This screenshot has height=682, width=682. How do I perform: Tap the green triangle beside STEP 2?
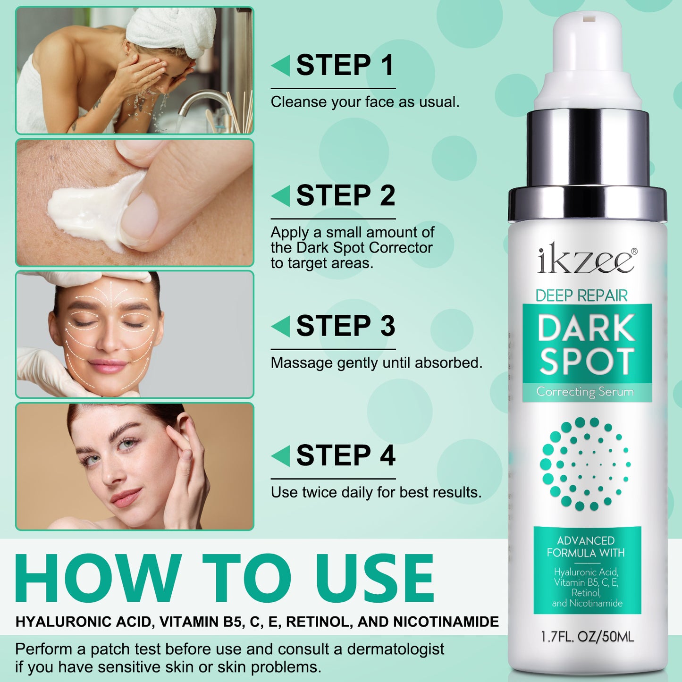(281, 196)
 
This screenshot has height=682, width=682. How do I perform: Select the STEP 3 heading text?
(345, 326)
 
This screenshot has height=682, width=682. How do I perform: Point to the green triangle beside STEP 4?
(281, 456)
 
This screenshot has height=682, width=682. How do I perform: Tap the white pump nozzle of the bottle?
(588, 57)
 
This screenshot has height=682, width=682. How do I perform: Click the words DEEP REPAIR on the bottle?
(581, 296)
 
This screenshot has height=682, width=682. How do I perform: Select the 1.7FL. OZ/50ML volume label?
(587, 637)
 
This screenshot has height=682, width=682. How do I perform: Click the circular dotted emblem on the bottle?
(586, 464)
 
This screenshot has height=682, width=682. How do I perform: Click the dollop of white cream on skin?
(90, 210)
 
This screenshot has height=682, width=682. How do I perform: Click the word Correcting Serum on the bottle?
(585, 392)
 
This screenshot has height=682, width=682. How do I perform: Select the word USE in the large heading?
(375, 579)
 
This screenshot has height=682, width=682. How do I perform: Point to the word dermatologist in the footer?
(396, 649)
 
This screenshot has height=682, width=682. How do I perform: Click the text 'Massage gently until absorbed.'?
(376, 363)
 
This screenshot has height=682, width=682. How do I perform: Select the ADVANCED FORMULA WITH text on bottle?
(586, 547)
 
